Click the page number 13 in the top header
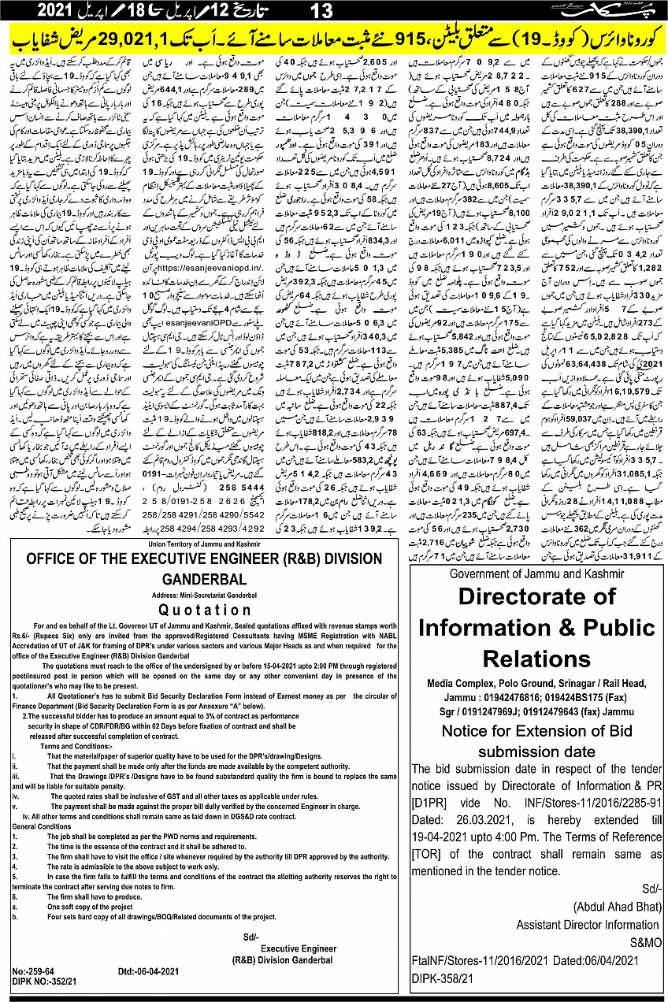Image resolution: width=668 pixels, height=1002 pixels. [x=322, y=10]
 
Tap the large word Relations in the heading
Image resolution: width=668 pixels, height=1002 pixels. [x=536, y=658]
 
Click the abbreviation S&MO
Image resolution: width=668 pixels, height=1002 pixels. [x=641, y=942]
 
